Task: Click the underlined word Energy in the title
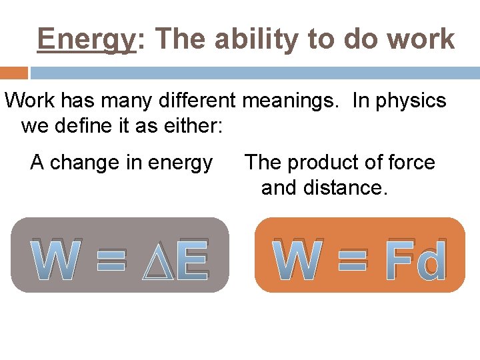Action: (87, 39)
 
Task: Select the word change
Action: (87, 163)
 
